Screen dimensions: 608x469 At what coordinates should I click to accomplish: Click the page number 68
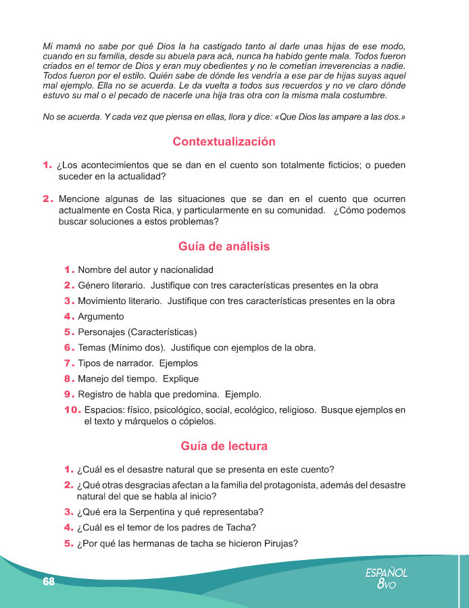tap(48, 582)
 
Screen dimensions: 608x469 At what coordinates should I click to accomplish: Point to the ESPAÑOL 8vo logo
tap(387, 578)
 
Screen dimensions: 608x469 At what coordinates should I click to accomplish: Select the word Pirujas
tap(277, 544)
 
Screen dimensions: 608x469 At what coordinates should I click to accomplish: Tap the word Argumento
tap(101, 316)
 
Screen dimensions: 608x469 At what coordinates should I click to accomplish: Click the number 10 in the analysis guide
tap(72, 410)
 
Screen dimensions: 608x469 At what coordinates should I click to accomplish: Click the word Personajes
tap(102, 332)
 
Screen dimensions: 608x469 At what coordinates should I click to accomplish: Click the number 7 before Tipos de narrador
tap(68, 363)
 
